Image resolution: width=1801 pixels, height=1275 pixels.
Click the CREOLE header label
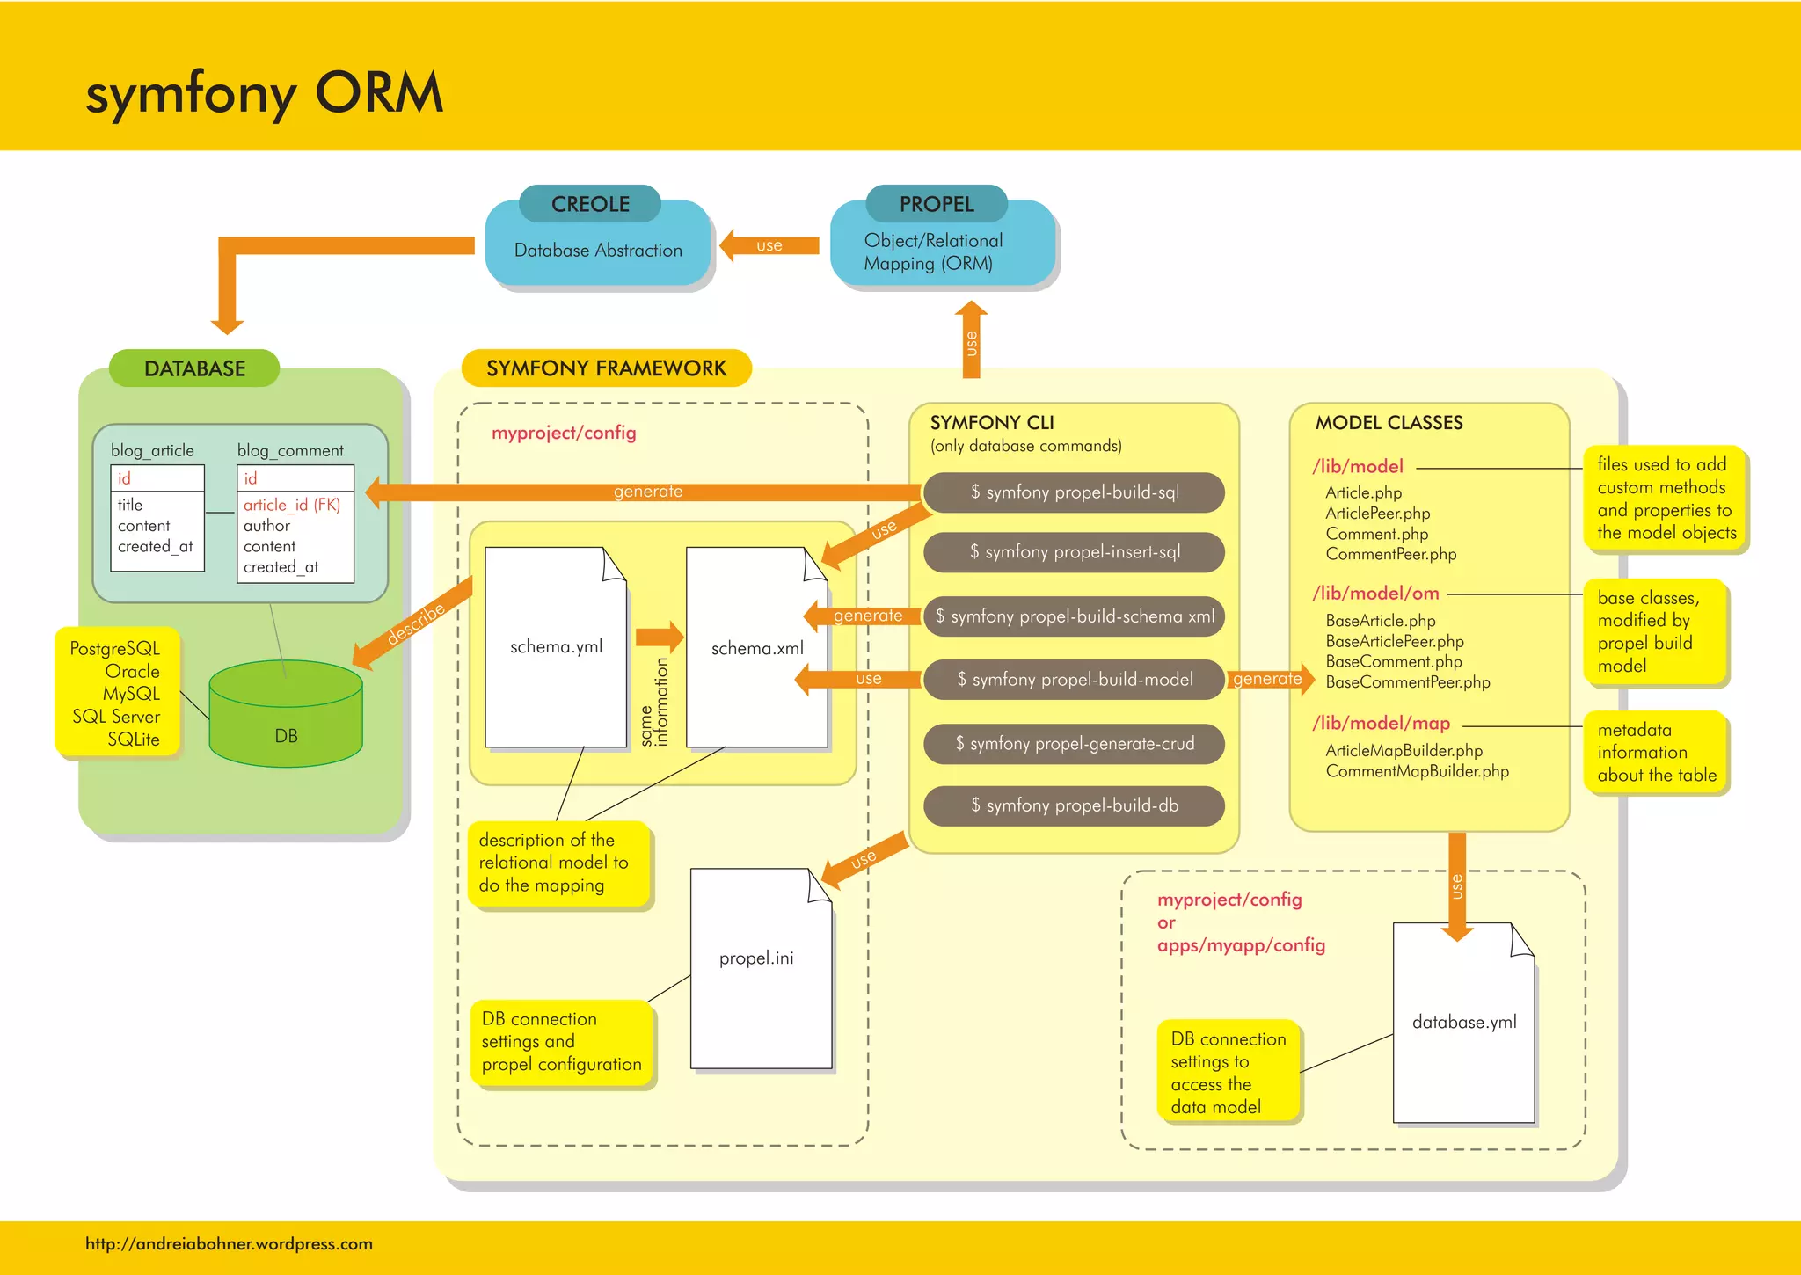coord(590,204)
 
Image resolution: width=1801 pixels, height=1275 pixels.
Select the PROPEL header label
coord(937,204)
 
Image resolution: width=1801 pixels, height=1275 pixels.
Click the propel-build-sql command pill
coord(1074,492)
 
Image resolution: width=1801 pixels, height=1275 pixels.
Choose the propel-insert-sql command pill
coord(1074,552)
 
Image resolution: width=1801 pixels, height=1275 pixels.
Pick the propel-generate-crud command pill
coord(1074,744)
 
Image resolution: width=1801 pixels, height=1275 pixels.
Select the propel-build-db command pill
coord(1074,805)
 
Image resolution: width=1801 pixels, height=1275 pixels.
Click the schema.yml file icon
coord(556,647)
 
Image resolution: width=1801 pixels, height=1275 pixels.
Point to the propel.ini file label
coord(756,958)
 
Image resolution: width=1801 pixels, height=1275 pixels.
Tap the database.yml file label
coord(1464,1022)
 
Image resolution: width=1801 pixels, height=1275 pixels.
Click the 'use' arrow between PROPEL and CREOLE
coord(769,245)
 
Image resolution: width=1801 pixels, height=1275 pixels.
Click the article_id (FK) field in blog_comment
coord(291,505)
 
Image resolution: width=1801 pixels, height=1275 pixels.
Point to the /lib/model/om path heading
coord(1375,594)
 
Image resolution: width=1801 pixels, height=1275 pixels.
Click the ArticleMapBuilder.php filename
coord(1404,751)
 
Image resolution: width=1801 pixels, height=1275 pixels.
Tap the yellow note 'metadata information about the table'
coord(1656,753)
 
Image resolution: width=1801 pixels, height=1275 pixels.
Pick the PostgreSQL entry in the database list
coord(115,649)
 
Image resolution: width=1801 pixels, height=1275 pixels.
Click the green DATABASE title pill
coord(194,368)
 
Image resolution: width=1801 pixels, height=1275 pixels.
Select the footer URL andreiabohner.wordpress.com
coord(229,1243)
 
